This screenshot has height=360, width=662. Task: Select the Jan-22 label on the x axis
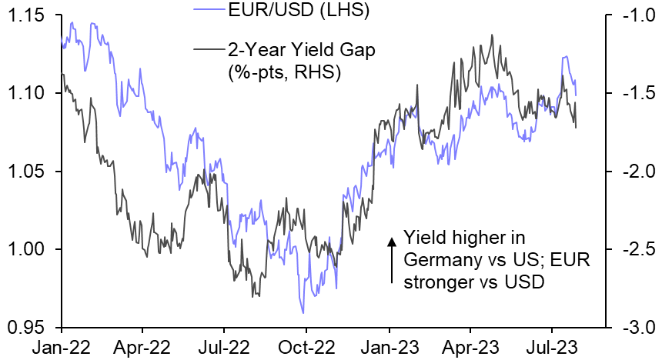click(58, 347)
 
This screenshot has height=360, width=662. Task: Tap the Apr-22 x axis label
click(141, 347)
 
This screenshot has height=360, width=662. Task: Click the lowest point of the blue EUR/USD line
click(303, 312)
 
